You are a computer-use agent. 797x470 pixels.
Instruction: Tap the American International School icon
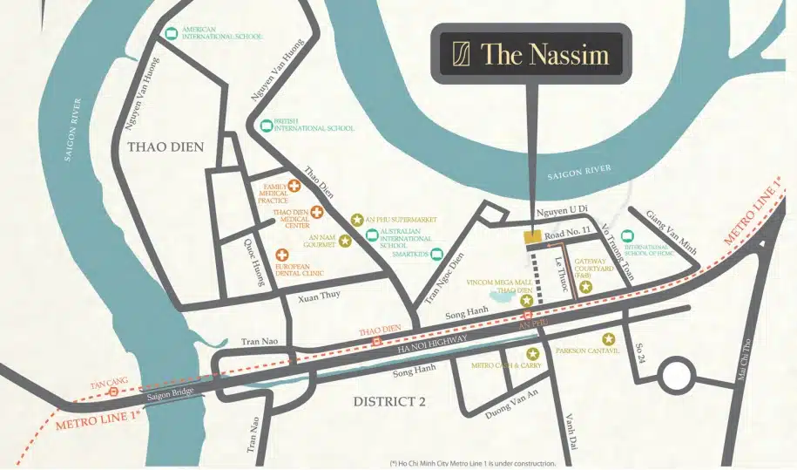click(172, 34)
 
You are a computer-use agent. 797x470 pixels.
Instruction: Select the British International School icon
click(267, 126)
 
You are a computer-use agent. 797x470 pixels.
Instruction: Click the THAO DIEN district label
click(165, 147)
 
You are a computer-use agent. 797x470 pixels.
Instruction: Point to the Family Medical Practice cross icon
click(295, 186)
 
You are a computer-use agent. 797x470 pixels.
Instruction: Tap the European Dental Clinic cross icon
click(283, 255)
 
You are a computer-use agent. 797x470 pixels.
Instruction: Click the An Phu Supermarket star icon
click(355, 220)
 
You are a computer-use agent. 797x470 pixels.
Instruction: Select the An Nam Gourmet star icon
click(345, 241)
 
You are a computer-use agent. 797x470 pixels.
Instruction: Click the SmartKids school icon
click(436, 255)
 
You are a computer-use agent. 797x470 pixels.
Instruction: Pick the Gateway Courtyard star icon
click(586, 287)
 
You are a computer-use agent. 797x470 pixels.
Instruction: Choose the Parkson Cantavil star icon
click(608, 338)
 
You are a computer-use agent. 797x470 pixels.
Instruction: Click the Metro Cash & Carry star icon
click(532, 353)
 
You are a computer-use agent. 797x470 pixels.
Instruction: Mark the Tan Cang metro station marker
click(113, 392)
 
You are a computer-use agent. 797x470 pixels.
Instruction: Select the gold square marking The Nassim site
click(530, 236)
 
